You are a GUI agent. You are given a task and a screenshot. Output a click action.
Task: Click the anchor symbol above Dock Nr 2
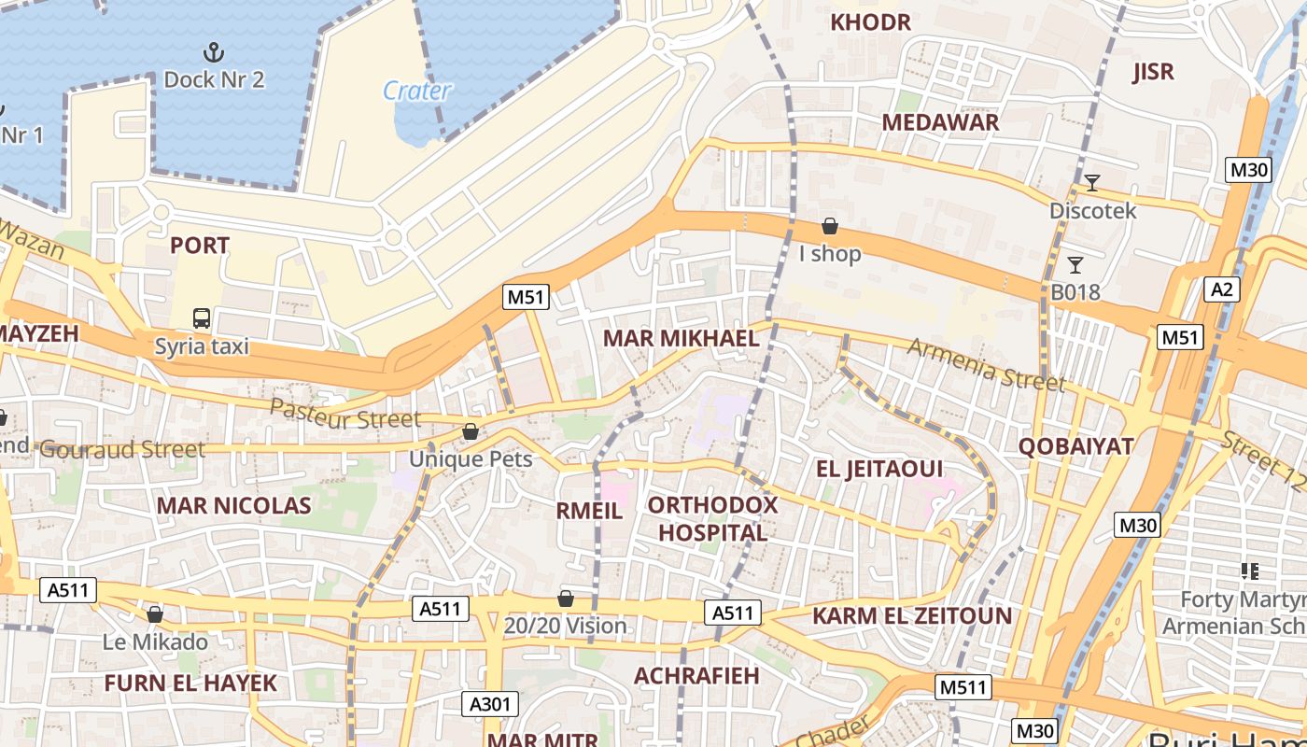[214, 51]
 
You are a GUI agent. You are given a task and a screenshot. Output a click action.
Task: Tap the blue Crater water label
[417, 91]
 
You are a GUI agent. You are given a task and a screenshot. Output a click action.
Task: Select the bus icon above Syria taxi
[202, 318]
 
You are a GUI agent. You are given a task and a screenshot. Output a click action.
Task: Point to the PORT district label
[199, 246]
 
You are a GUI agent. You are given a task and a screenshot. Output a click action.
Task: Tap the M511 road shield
[963, 688]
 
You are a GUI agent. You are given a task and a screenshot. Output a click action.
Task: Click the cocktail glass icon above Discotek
[1091, 182]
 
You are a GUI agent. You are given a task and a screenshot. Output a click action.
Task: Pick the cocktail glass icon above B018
[1075, 264]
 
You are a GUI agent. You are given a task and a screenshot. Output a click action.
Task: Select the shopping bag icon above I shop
[829, 226]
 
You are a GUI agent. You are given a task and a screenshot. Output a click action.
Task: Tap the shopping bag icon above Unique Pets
[471, 431]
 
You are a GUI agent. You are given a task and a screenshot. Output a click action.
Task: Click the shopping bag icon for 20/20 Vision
[565, 599]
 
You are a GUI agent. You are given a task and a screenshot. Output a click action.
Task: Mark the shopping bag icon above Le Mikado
[155, 614]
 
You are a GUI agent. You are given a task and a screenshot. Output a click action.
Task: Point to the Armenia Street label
[986, 364]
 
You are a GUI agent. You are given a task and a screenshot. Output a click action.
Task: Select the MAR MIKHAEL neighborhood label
[682, 338]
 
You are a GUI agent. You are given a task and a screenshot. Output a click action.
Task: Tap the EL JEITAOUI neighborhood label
[879, 469]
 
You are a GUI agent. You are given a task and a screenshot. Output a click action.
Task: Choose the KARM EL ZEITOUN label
[912, 616]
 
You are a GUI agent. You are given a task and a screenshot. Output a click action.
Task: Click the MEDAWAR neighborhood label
[940, 122]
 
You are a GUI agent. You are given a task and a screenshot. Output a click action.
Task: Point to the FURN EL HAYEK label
[190, 683]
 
